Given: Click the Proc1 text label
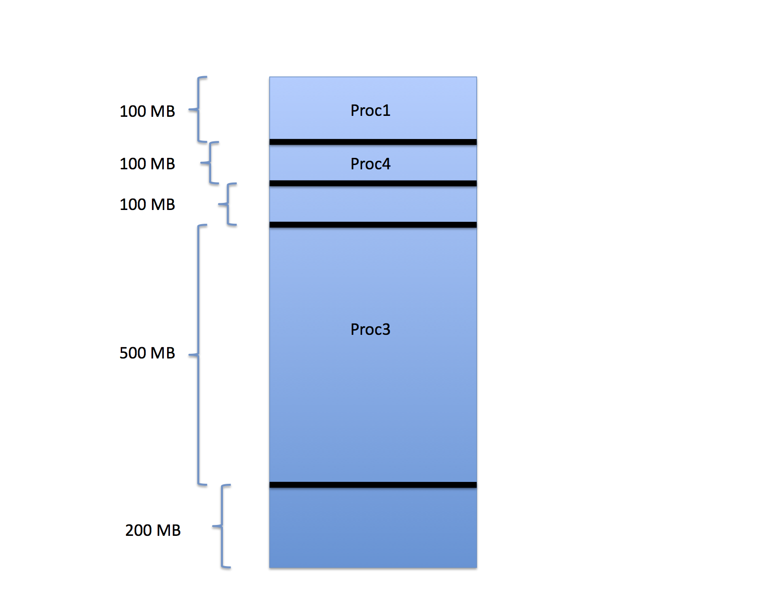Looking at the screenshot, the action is [x=370, y=110].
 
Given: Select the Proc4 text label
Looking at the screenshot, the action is [x=370, y=164].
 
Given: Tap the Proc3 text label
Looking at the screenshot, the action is [x=370, y=329].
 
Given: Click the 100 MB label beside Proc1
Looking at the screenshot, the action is [x=147, y=111].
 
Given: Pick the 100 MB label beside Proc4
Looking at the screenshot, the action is [x=147, y=164].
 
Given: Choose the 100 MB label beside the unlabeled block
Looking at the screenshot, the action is [x=147, y=204].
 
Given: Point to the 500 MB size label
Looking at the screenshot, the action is [x=147, y=353].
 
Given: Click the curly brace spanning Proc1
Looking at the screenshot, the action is [x=198, y=109].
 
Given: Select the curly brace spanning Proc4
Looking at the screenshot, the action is [x=210, y=163].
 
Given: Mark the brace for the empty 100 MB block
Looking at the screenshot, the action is [x=228, y=204].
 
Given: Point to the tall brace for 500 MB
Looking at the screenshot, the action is [x=198, y=355].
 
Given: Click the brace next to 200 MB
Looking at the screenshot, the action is [x=222, y=526].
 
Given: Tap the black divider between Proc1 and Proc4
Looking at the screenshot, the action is [x=373, y=142].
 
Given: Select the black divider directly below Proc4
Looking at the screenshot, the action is [x=373, y=184].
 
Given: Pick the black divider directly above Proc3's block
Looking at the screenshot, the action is [x=373, y=225].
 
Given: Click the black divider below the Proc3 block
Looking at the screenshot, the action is [x=373, y=485].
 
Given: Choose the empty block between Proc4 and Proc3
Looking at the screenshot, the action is [x=373, y=204].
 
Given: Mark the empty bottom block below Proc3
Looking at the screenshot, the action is [x=373, y=528].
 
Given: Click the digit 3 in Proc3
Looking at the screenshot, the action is [x=386, y=329].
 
